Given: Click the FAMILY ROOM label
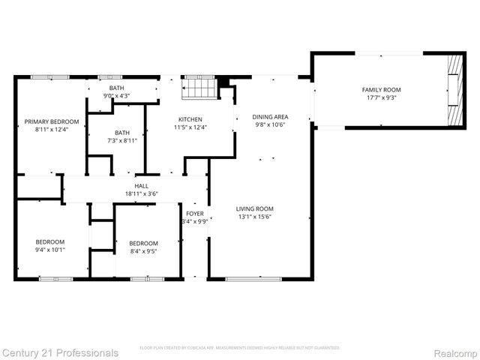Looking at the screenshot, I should pyautogui.click(x=382, y=90).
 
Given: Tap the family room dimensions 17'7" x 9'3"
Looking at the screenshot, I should pyautogui.click(x=382, y=98).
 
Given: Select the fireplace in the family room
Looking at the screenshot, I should pyautogui.click(x=451, y=90).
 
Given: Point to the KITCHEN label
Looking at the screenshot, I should pyautogui.click(x=190, y=119).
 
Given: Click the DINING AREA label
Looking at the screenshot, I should pyautogui.click(x=270, y=117).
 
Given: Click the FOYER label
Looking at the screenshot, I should pyautogui.click(x=194, y=214).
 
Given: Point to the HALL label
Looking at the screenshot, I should pyautogui.click(x=141, y=185).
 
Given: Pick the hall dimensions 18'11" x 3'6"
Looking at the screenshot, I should pyautogui.click(x=141, y=193).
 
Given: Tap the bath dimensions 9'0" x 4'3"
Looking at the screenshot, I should pyautogui.click(x=116, y=96).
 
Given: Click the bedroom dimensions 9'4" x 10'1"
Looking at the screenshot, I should pyautogui.click(x=50, y=250).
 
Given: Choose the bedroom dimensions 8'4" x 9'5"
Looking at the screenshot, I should pyautogui.click(x=143, y=251).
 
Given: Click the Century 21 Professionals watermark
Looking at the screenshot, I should pyautogui.click(x=60, y=352).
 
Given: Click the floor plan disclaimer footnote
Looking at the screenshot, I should pyautogui.click(x=240, y=348).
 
